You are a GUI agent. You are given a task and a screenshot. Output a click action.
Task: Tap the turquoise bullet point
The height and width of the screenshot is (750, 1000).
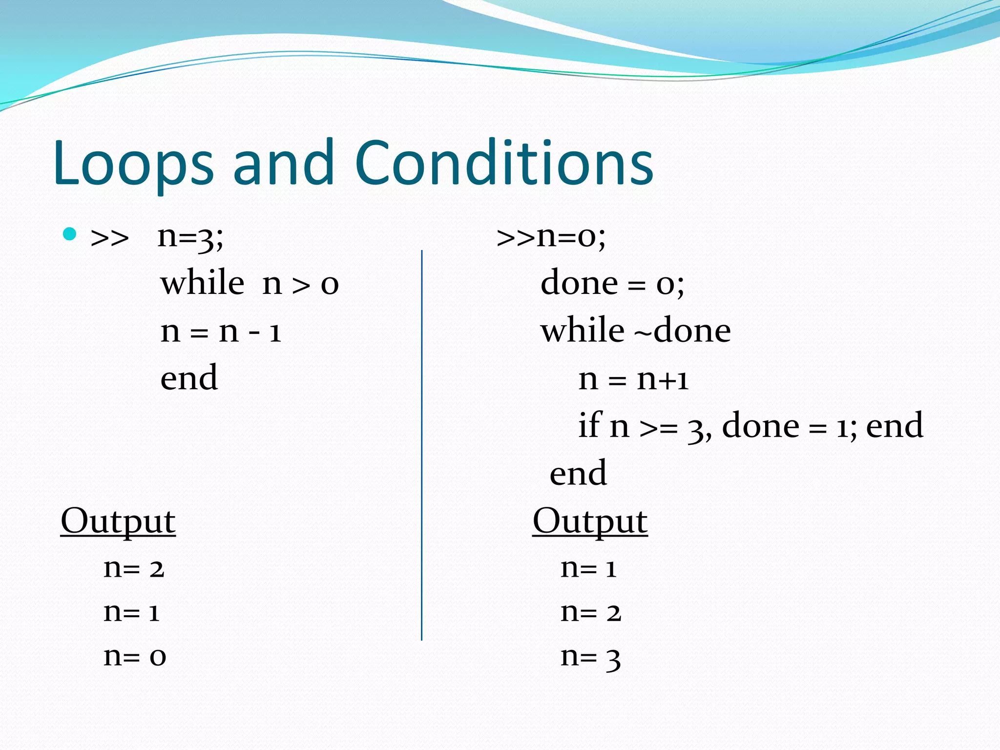(70, 234)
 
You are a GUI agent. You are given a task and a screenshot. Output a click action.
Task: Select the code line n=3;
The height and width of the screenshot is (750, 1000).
(190, 237)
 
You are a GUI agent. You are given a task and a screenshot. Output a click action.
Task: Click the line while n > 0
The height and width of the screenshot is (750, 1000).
(250, 283)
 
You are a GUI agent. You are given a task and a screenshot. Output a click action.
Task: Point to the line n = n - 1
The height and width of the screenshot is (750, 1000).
(221, 331)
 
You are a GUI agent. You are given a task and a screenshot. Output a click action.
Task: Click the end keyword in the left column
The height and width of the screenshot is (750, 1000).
(189, 378)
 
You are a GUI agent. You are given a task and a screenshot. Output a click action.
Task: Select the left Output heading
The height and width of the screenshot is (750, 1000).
(118, 521)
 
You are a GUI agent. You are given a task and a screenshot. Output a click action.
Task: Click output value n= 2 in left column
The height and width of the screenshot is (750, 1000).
(134, 568)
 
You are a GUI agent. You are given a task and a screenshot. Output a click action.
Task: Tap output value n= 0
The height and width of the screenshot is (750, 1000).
(135, 656)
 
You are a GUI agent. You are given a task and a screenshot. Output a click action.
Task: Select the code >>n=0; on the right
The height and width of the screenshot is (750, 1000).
(551, 237)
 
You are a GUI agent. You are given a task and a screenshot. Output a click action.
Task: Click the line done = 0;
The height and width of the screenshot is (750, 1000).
(612, 283)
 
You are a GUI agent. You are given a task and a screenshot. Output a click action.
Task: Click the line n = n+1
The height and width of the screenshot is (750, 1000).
(633, 379)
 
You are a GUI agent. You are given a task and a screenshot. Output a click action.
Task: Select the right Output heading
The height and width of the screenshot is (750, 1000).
(590, 521)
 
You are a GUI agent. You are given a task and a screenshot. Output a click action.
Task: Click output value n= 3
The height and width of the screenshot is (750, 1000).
(590, 657)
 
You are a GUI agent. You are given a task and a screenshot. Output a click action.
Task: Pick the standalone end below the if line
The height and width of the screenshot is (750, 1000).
(578, 473)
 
